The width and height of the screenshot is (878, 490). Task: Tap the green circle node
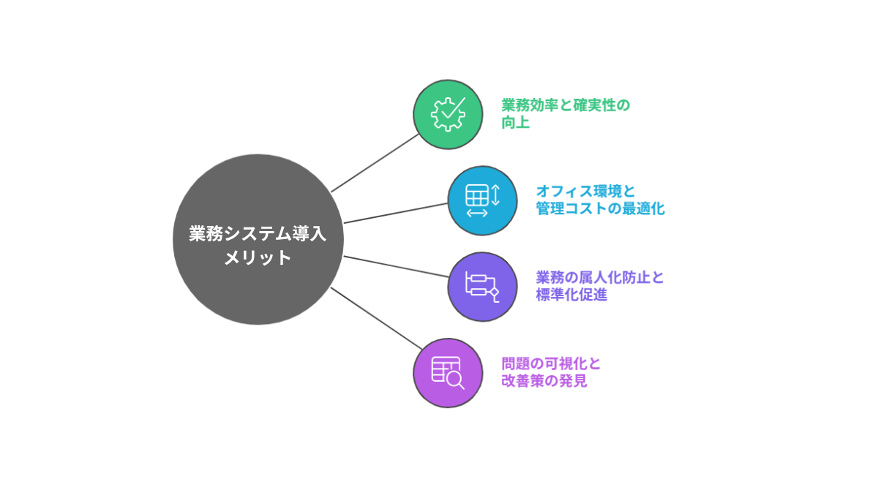click(448, 114)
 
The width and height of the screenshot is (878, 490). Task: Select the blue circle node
click(482, 200)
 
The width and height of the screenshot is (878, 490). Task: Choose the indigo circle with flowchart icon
click(482, 287)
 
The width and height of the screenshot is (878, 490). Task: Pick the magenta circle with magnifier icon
click(448, 372)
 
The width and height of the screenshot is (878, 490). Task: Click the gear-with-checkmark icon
click(448, 114)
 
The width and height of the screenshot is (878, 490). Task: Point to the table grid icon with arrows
click(481, 200)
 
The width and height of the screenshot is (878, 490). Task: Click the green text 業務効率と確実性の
click(566, 105)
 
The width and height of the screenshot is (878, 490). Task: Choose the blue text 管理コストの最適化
click(600, 209)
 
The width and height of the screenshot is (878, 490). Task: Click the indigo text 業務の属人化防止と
click(600, 278)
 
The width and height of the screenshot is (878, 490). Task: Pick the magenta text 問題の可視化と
click(551, 363)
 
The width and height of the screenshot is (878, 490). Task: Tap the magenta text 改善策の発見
click(544, 381)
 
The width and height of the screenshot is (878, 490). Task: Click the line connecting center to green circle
click(375, 163)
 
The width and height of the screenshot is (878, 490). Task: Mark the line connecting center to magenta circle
click(375, 317)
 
